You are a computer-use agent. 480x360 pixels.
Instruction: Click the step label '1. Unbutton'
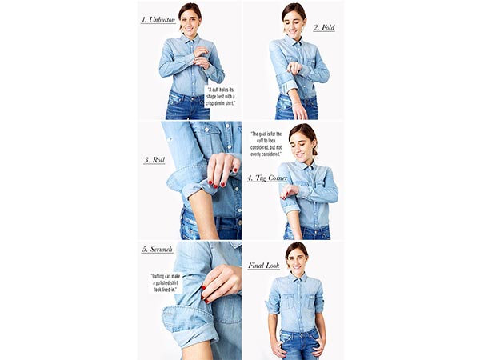pyautogui.click(x=158, y=19)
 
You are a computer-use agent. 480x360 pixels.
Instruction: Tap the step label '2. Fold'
pyautogui.click(x=323, y=27)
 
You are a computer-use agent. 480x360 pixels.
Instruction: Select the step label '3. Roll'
pyautogui.click(x=154, y=160)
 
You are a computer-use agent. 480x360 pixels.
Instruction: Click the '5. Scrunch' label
pyautogui.click(x=158, y=250)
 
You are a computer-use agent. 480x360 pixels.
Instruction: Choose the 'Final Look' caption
pyautogui.click(x=263, y=266)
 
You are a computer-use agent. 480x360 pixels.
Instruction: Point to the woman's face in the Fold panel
pyautogui.click(x=293, y=19)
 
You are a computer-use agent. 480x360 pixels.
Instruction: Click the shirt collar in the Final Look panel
pyautogui.click(x=296, y=278)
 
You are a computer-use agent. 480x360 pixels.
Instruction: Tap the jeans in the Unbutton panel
pyautogui.click(x=187, y=106)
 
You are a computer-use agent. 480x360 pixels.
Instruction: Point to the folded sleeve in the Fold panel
pyautogui.click(x=283, y=80)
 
